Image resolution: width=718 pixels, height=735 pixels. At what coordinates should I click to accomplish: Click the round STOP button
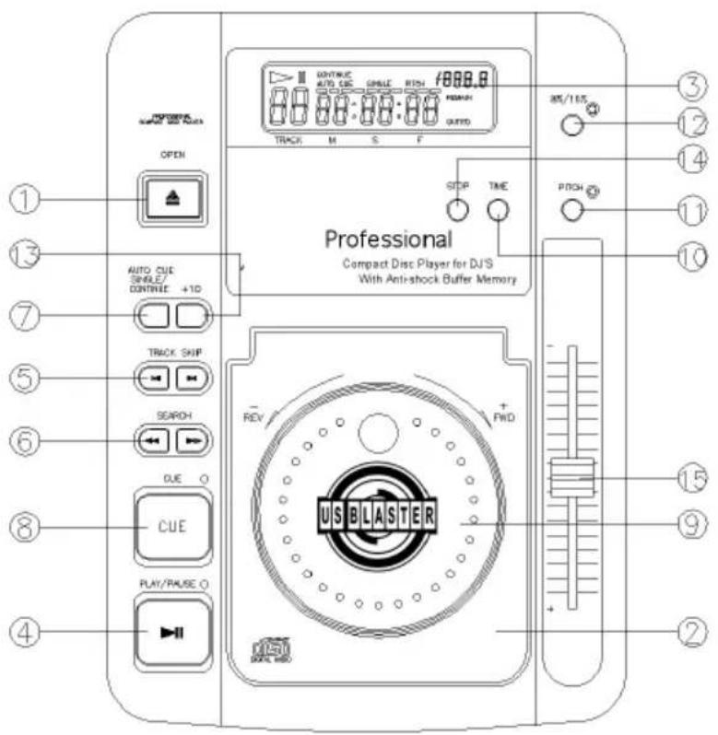[458, 210]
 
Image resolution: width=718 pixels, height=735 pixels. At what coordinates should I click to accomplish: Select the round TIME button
[498, 210]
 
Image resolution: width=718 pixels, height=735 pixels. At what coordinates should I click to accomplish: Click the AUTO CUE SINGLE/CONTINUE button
[154, 317]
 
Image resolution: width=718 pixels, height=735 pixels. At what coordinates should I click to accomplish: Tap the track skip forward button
[192, 378]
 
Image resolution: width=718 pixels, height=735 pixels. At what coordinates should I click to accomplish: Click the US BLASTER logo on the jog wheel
[382, 512]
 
